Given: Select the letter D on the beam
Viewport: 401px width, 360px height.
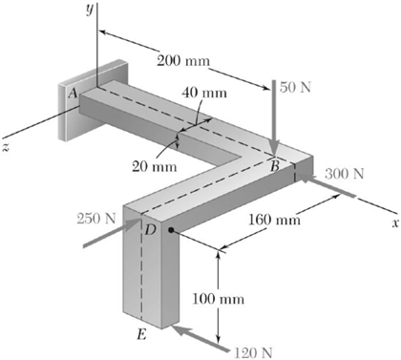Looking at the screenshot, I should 149,229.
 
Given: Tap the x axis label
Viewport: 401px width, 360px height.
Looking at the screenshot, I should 392,222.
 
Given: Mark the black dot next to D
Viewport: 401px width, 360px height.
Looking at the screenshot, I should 170,230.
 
